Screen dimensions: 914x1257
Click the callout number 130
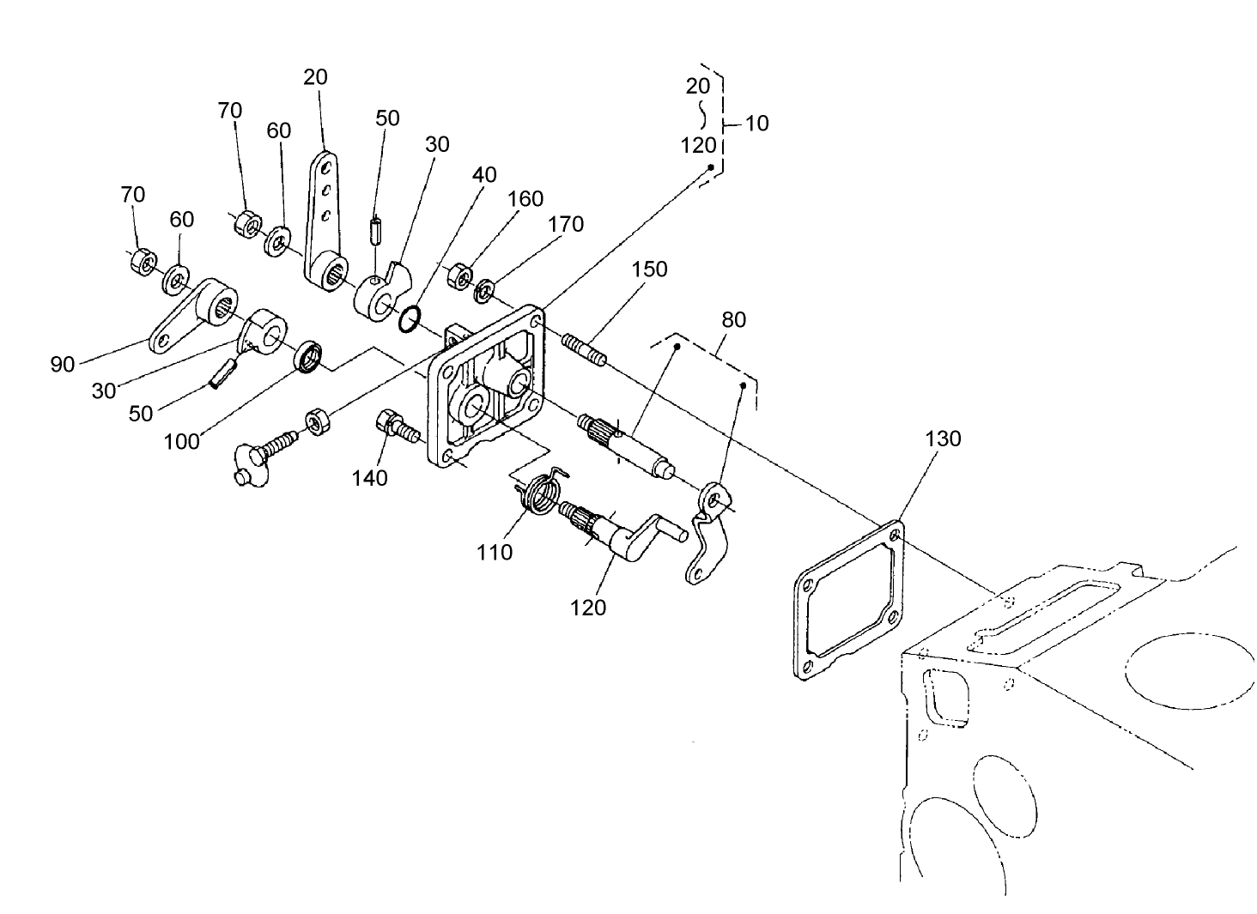point(943,439)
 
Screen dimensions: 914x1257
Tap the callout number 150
point(649,269)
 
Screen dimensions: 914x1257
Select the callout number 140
point(369,477)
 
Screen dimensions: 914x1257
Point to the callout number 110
point(495,552)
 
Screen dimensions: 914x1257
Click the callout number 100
point(181,441)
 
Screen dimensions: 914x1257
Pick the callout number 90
point(63,365)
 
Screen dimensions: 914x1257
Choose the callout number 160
point(525,198)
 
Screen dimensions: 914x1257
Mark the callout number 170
point(566,224)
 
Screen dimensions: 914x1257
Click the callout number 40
point(484,174)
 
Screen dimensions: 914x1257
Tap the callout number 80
point(733,319)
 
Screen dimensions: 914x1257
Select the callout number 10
point(756,123)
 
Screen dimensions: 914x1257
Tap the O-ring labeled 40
point(410,319)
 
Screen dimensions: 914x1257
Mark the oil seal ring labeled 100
point(309,356)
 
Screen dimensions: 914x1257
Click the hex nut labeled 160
point(459,277)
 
